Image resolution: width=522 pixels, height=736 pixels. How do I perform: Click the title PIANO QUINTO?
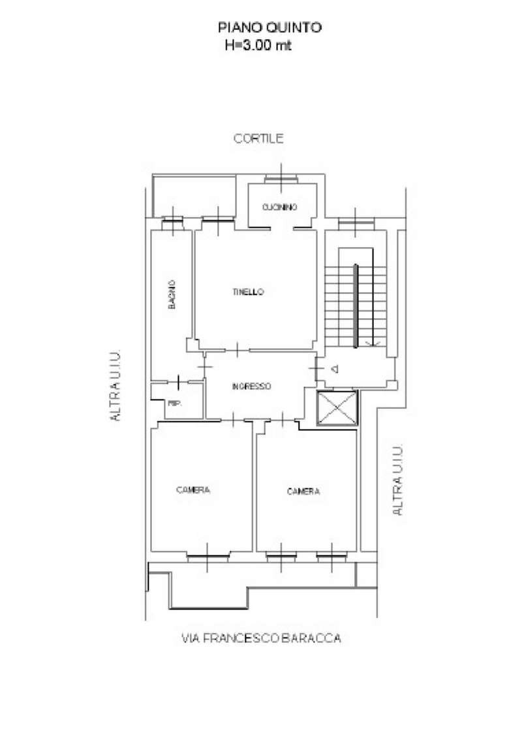coord(269,27)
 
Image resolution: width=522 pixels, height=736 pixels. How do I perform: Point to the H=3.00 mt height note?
coord(258,46)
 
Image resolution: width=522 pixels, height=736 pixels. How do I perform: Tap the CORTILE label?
coord(259,138)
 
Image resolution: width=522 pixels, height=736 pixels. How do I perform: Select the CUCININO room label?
coord(279,207)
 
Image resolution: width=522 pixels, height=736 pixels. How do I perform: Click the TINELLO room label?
coord(248,292)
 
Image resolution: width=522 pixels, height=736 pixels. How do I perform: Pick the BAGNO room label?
coord(172,295)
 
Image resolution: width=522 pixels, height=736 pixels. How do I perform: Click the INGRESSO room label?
coord(251,387)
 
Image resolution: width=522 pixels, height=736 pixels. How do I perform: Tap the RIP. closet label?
coord(175,404)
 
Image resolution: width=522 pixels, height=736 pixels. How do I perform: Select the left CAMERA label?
coord(193,490)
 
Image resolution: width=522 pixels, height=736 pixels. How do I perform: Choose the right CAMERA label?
coord(303,492)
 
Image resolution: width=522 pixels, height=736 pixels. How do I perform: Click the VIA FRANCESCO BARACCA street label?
coord(261,638)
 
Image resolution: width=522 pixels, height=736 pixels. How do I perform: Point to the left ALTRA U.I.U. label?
coord(115,385)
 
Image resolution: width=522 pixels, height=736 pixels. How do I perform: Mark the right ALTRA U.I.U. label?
coord(397,480)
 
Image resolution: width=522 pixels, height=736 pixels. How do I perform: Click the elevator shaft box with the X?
coord(337,408)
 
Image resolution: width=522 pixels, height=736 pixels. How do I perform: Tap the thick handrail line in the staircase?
coord(356,306)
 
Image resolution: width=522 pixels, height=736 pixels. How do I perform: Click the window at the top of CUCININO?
coord(281,179)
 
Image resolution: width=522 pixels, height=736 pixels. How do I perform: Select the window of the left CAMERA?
coord(207,557)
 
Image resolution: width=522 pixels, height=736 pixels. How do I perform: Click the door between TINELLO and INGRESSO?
coord(238,349)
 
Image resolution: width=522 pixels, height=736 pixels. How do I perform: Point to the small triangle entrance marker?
coord(335,369)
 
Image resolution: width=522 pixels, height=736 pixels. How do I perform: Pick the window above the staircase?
coord(356,220)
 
